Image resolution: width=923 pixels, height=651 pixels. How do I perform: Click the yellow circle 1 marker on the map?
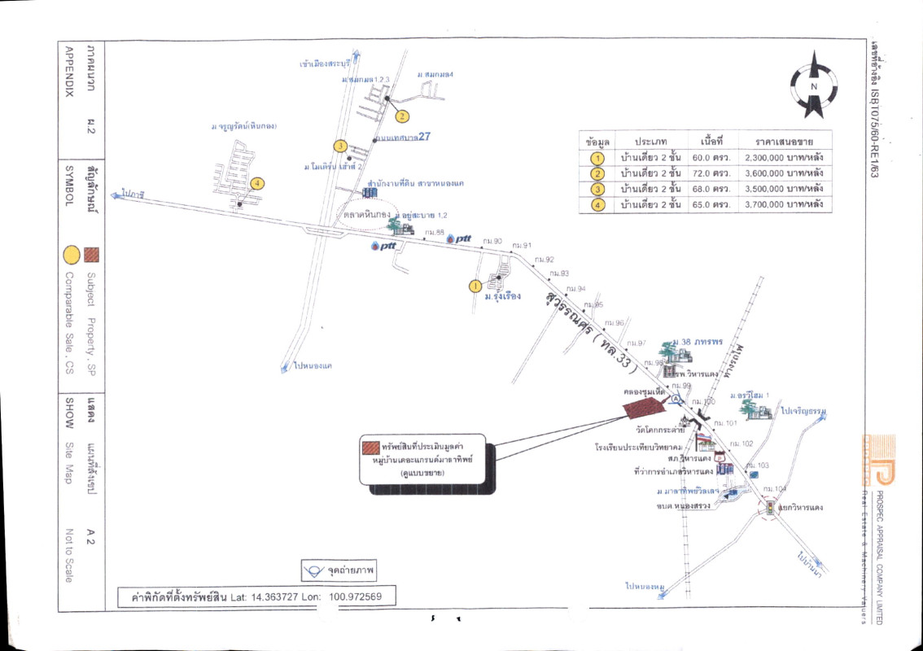[x=475, y=286]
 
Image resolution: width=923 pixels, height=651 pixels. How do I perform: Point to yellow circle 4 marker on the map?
[x=257, y=183]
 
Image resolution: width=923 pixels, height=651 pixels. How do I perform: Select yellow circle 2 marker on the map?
[x=401, y=116]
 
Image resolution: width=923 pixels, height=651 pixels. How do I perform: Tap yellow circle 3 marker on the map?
[x=340, y=146]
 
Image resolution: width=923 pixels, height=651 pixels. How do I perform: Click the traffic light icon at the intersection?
[x=769, y=509]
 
